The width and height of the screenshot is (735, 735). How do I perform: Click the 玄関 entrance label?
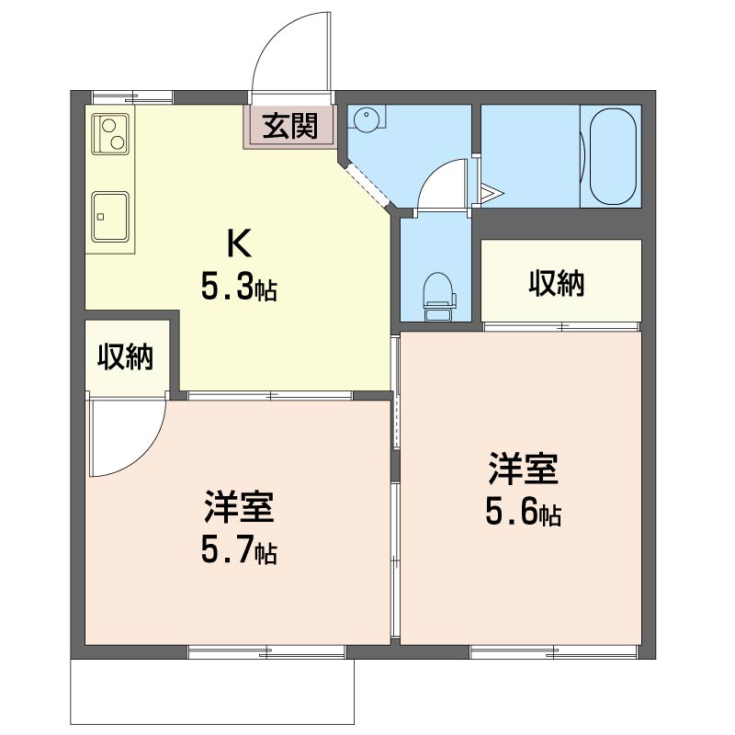coord(290,126)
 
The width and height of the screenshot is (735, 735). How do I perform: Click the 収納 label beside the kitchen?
coord(126,356)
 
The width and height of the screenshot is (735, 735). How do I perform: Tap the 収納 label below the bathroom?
coord(556,284)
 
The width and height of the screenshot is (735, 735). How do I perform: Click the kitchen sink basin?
coord(109,218)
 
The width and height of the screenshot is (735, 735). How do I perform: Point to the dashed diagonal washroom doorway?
coord(368,187)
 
